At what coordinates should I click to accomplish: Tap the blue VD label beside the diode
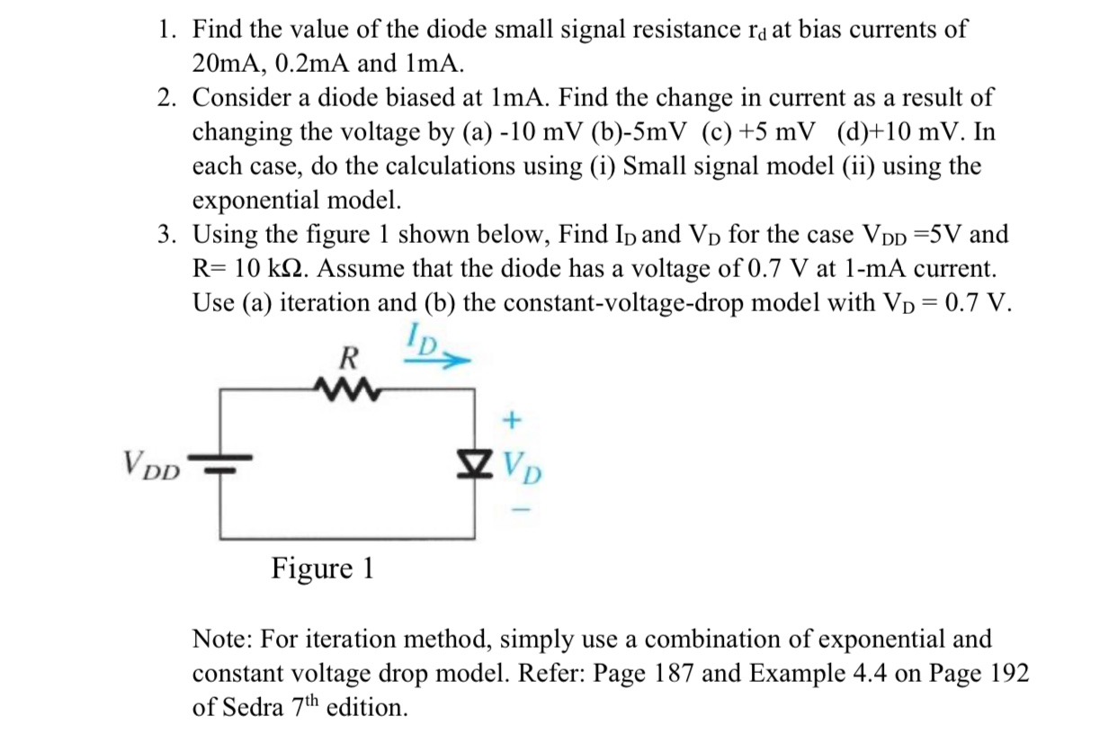point(522,465)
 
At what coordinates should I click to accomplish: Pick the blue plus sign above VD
point(513,419)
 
